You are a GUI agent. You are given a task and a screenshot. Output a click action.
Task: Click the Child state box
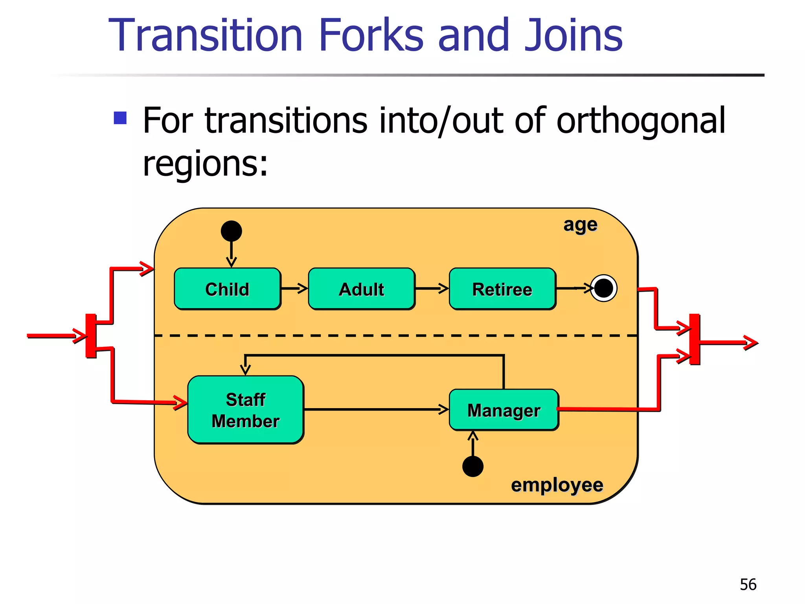[x=227, y=289]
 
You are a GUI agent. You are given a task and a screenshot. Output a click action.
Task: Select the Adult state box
[x=361, y=289]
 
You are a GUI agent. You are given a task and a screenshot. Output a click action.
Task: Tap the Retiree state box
[x=502, y=289]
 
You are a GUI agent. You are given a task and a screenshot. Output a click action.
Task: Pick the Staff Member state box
[x=245, y=410]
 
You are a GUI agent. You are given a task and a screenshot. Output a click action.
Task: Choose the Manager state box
[x=504, y=410]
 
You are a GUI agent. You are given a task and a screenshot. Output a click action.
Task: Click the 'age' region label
[x=580, y=225]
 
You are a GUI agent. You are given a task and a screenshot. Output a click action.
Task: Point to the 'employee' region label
[x=557, y=485]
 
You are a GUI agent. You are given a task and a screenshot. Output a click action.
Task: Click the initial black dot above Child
[x=231, y=231]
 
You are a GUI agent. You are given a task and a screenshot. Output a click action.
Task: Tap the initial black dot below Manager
[x=473, y=466]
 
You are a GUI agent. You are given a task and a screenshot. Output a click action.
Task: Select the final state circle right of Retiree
[x=604, y=288]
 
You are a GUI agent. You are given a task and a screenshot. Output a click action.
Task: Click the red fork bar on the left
[x=91, y=336]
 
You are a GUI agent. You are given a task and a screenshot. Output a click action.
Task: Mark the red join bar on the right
[x=695, y=339]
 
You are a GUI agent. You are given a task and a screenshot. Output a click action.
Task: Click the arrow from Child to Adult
[x=294, y=289]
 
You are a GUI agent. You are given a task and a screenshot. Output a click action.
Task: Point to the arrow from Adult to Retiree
[x=432, y=289]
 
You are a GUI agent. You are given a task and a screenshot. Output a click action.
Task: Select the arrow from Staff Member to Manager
[x=376, y=410]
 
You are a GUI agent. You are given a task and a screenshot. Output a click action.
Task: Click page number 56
[x=748, y=584]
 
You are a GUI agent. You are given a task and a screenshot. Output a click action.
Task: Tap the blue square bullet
[x=120, y=118]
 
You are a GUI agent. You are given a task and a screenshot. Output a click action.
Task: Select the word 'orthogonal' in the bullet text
[x=640, y=121]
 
